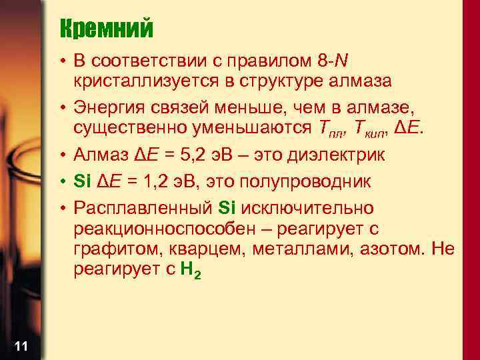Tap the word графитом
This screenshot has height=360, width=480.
[x=108, y=250]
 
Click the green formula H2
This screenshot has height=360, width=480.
[x=190, y=271]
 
